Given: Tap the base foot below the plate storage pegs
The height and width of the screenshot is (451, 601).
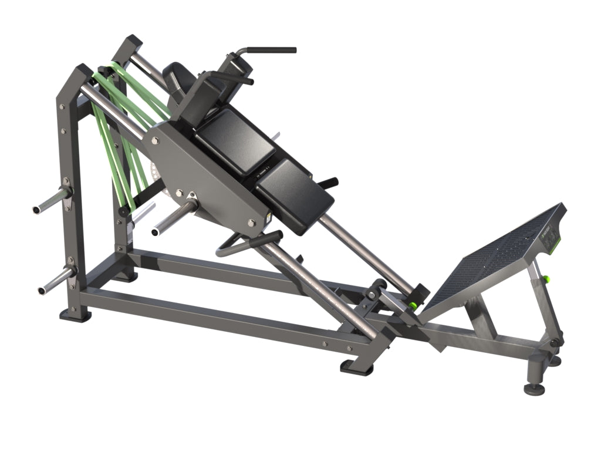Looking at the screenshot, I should click(x=75, y=315).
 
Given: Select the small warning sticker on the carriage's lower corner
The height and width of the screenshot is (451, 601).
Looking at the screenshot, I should click(x=269, y=218).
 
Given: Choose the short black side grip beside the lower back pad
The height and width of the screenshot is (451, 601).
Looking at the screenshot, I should click(x=330, y=183).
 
